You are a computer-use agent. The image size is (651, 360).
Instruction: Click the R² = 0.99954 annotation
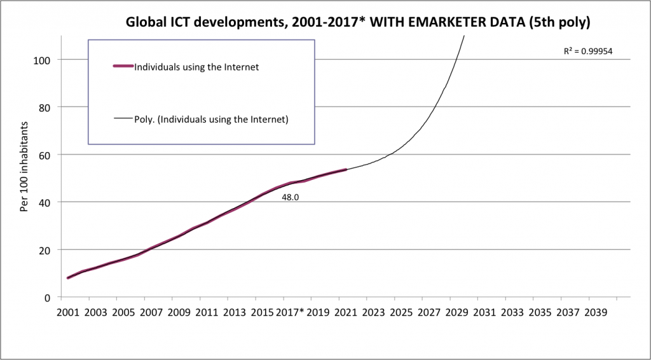click(x=588, y=52)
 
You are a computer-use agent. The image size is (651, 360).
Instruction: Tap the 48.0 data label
click(x=291, y=198)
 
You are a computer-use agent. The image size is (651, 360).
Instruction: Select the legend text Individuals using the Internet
click(x=196, y=67)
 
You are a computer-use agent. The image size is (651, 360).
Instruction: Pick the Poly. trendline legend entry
click(x=211, y=118)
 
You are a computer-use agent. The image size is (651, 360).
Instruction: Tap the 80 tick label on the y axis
click(x=45, y=107)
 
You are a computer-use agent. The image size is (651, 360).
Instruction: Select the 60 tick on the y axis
click(x=45, y=155)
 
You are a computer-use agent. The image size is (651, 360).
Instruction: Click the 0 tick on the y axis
click(x=48, y=297)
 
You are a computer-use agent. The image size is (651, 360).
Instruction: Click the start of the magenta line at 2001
click(x=68, y=278)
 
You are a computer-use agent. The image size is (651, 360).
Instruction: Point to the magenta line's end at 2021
click(x=345, y=170)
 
